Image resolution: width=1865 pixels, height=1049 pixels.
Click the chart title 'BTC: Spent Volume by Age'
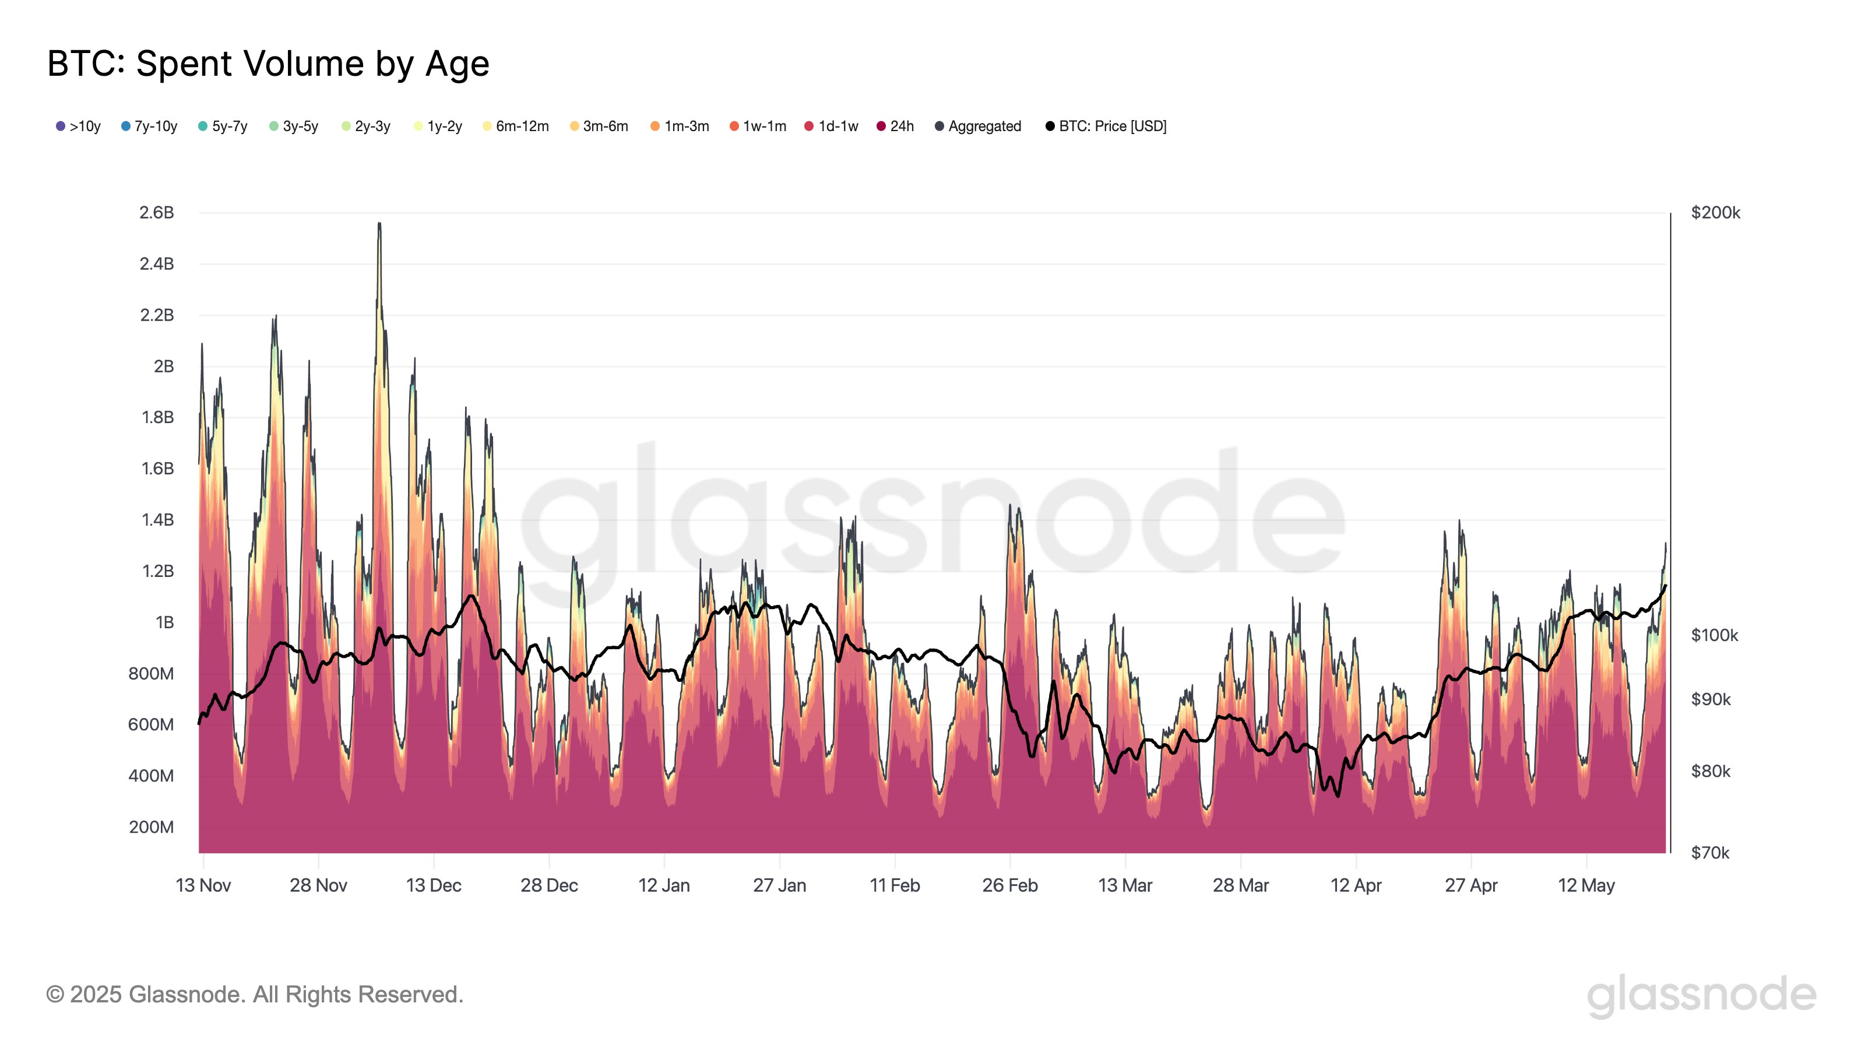[x=268, y=64]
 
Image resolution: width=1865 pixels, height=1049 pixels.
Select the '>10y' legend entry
[x=78, y=126]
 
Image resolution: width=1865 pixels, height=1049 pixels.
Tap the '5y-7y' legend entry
[x=223, y=126]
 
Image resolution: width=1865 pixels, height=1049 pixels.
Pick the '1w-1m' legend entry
[x=758, y=126]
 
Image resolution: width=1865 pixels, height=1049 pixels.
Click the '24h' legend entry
[x=896, y=126]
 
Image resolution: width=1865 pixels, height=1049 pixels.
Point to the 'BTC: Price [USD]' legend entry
[x=1106, y=126]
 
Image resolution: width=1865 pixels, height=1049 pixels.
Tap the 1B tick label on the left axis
[x=164, y=622]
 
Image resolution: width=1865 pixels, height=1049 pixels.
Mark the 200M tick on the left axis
[x=152, y=828]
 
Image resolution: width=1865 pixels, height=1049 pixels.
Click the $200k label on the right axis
[x=1715, y=213]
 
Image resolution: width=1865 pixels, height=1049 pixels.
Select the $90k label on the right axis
[x=1711, y=699]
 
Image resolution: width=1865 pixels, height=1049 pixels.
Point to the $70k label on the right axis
[x=1709, y=853]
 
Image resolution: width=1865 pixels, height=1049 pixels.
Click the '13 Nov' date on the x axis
[x=203, y=885]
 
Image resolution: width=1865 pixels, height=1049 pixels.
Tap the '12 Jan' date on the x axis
[x=664, y=885]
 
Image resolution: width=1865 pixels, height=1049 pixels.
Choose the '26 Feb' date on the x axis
[x=1010, y=885]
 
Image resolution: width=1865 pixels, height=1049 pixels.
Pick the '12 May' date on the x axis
[x=1586, y=885]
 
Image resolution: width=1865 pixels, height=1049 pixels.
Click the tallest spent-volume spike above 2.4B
[x=379, y=226]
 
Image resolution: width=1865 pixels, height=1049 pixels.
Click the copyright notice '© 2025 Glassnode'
[x=254, y=995]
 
